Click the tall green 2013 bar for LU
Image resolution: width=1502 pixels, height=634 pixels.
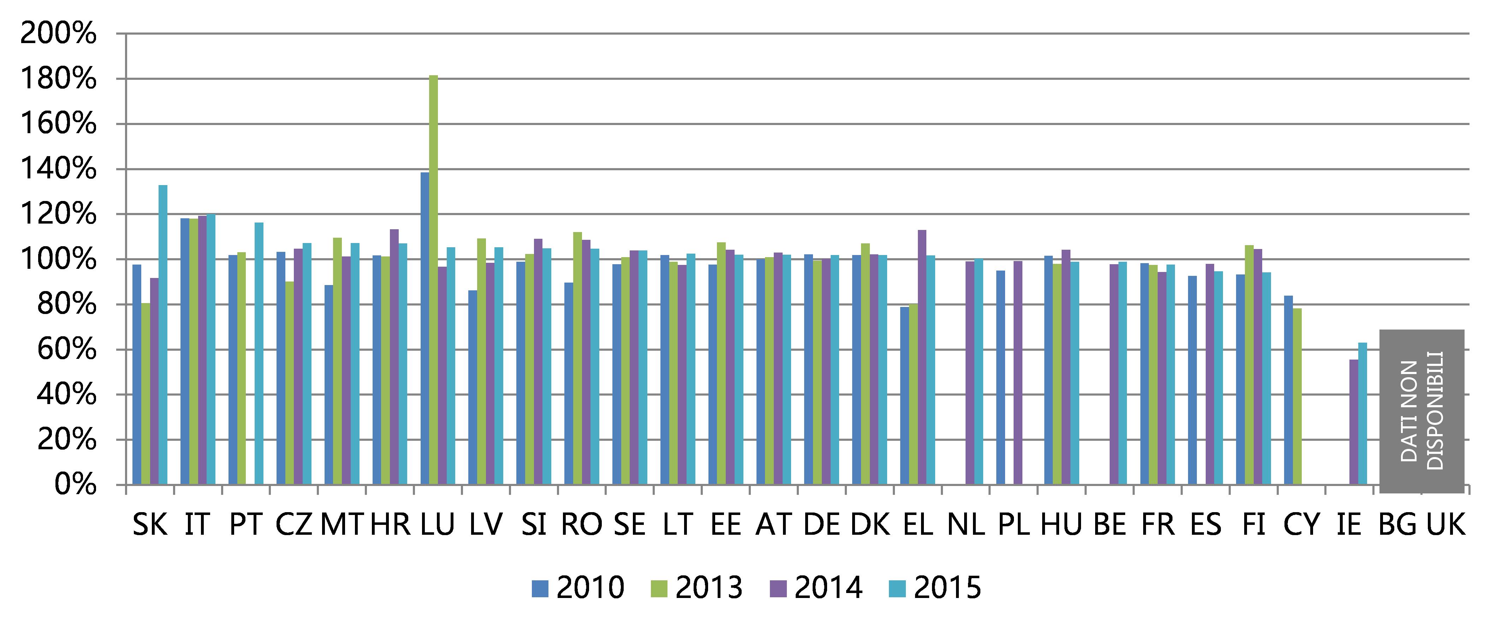click(x=433, y=280)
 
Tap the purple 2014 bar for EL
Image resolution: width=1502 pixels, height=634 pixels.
click(x=922, y=357)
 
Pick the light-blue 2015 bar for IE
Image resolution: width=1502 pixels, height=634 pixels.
click(x=1363, y=414)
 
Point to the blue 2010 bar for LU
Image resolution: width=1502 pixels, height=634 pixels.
click(x=425, y=328)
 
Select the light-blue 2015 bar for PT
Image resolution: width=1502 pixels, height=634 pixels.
click(x=259, y=354)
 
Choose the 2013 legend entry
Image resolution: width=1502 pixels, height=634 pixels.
click(x=697, y=587)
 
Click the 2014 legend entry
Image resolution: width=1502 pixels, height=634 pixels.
click(x=816, y=587)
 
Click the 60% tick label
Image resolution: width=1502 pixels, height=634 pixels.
click(x=66, y=350)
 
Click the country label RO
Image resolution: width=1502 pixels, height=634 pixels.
click(x=581, y=525)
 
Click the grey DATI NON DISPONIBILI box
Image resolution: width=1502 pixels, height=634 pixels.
click(x=1421, y=411)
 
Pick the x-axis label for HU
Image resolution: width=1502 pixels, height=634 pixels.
click(x=1061, y=525)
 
